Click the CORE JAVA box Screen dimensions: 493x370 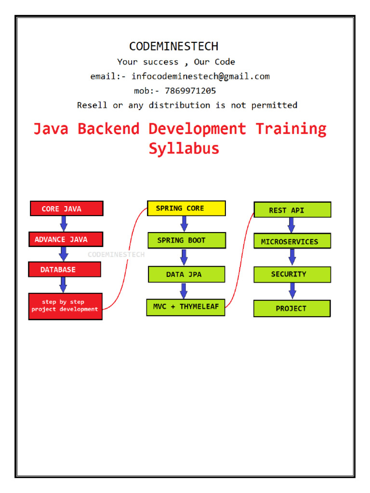click(x=66, y=208)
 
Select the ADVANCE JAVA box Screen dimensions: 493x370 click(x=66, y=239)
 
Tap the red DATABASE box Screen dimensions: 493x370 click(x=65, y=270)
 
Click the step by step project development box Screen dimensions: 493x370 click(x=65, y=306)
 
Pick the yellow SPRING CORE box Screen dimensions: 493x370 click(x=186, y=208)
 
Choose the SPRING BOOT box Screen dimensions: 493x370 click(x=186, y=240)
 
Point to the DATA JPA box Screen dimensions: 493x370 click(x=186, y=274)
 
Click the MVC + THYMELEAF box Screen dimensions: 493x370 click(x=185, y=307)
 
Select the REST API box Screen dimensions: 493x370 click(x=292, y=210)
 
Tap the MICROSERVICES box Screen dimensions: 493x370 click(x=292, y=241)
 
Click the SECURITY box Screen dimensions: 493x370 click(x=292, y=274)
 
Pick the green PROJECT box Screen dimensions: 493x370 click(x=292, y=309)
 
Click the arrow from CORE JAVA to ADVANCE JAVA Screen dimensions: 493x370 click(x=64, y=223)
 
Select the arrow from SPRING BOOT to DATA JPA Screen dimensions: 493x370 click(x=184, y=257)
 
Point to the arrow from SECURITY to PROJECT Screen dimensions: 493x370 click(x=292, y=291)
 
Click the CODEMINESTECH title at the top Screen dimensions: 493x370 click(x=173, y=46)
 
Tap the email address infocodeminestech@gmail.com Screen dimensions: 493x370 click(x=200, y=76)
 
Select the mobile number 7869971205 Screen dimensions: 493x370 click(x=190, y=91)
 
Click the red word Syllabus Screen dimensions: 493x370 click(x=184, y=148)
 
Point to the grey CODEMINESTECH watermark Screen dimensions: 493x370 click(x=116, y=254)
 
